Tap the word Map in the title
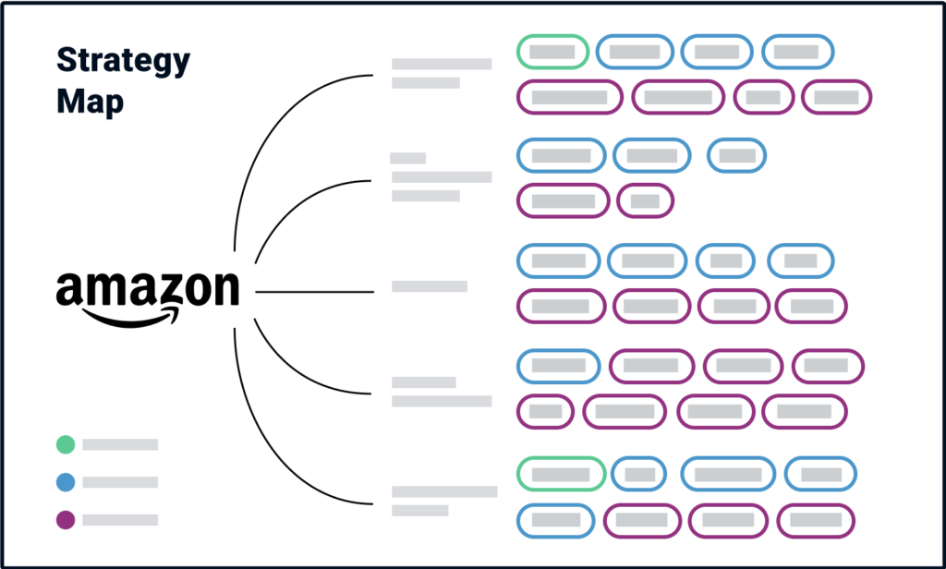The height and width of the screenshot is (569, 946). pyautogui.click(x=90, y=101)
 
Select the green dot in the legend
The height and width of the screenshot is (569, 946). pyautogui.click(x=66, y=444)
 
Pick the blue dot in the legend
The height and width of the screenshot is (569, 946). pyautogui.click(x=66, y=482)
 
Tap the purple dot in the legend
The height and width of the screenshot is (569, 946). pyautogui.click(x=66, y=519)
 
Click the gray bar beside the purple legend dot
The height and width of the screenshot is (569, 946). pyautogui.click(x=120, y=519)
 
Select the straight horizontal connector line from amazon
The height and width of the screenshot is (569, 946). pyautogui.click(x=314, y=292)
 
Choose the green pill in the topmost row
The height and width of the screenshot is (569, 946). pyautogui.click(x=552, y=52)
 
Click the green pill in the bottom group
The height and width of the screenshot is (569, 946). pyautogui.click(x=561, y=474)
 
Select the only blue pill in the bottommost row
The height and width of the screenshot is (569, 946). pyautogui.click(x=555, y=520)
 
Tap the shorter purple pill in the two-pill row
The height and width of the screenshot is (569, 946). pyautogui.click(x=645, y=201)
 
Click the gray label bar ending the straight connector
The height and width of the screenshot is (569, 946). pyautogui.click(x=430, y=286)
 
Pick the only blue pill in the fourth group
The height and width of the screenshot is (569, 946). pyautogui.click(x=559, y=367)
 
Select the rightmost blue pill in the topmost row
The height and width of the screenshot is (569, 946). pyautogui.click(x=797, y=52)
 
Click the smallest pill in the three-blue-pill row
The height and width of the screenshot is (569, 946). pyautogui.click(x=736, y=156)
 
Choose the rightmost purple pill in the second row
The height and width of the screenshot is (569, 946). pyautogui.click(x=836, y=97)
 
